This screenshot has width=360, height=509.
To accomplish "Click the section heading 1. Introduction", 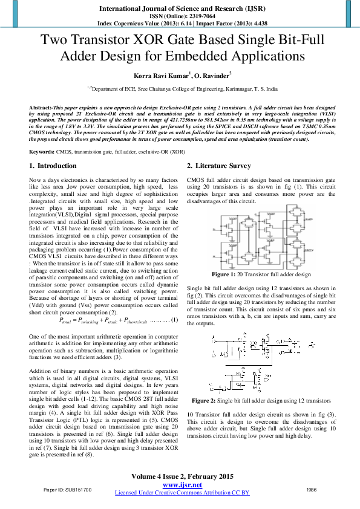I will (53, 166).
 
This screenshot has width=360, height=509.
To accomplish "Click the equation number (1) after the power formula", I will (174, 318).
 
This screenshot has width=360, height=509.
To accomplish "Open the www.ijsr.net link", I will (182, 485).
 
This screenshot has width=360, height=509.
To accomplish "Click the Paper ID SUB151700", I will (68, 488).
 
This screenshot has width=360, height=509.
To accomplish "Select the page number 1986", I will (312, 488).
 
